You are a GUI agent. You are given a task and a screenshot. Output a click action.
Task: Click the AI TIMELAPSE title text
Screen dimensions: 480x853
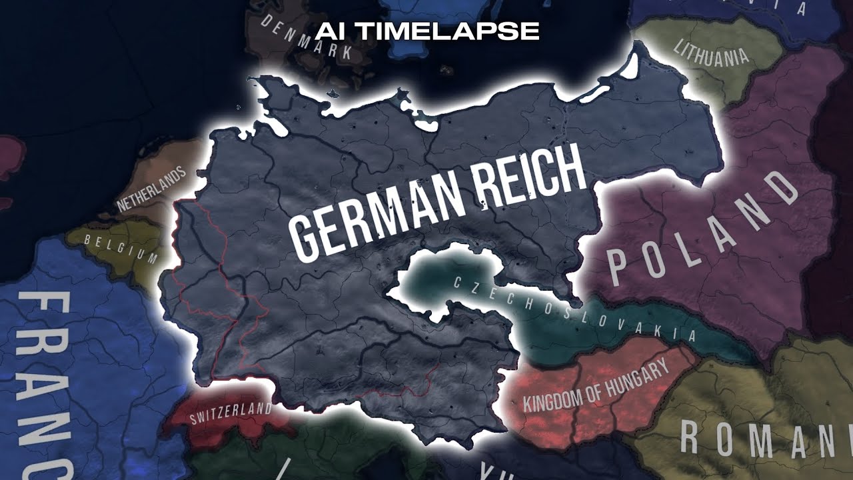pos(427,31)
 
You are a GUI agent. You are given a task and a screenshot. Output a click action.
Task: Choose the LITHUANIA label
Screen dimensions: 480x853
pos(711,53)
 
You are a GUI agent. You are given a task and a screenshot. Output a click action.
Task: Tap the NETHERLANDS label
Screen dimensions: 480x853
pos(152,191)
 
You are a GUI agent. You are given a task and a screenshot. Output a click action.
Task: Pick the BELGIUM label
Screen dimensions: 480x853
pos(121,247)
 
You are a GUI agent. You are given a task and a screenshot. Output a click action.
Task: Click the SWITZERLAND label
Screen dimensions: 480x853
pos(231,413)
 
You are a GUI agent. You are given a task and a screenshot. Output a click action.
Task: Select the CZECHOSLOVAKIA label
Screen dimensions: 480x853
pos(574,310)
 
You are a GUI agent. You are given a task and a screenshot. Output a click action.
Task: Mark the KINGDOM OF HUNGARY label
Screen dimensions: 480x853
pos(595,387)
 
